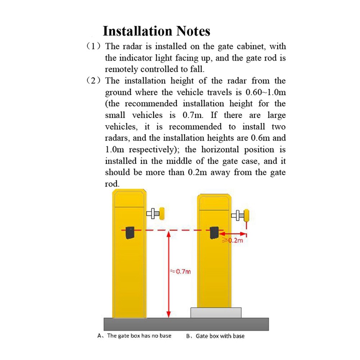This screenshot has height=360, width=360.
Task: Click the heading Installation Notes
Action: (156, 31)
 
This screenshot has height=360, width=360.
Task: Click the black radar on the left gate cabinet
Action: (129, 232)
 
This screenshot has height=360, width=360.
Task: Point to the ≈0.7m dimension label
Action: (180, 272)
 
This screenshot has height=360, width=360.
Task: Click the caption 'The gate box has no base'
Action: (139, 336)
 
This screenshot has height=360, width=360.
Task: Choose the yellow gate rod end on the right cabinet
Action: (247, 216)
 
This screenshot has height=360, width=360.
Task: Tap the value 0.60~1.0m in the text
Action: (266, 92)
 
